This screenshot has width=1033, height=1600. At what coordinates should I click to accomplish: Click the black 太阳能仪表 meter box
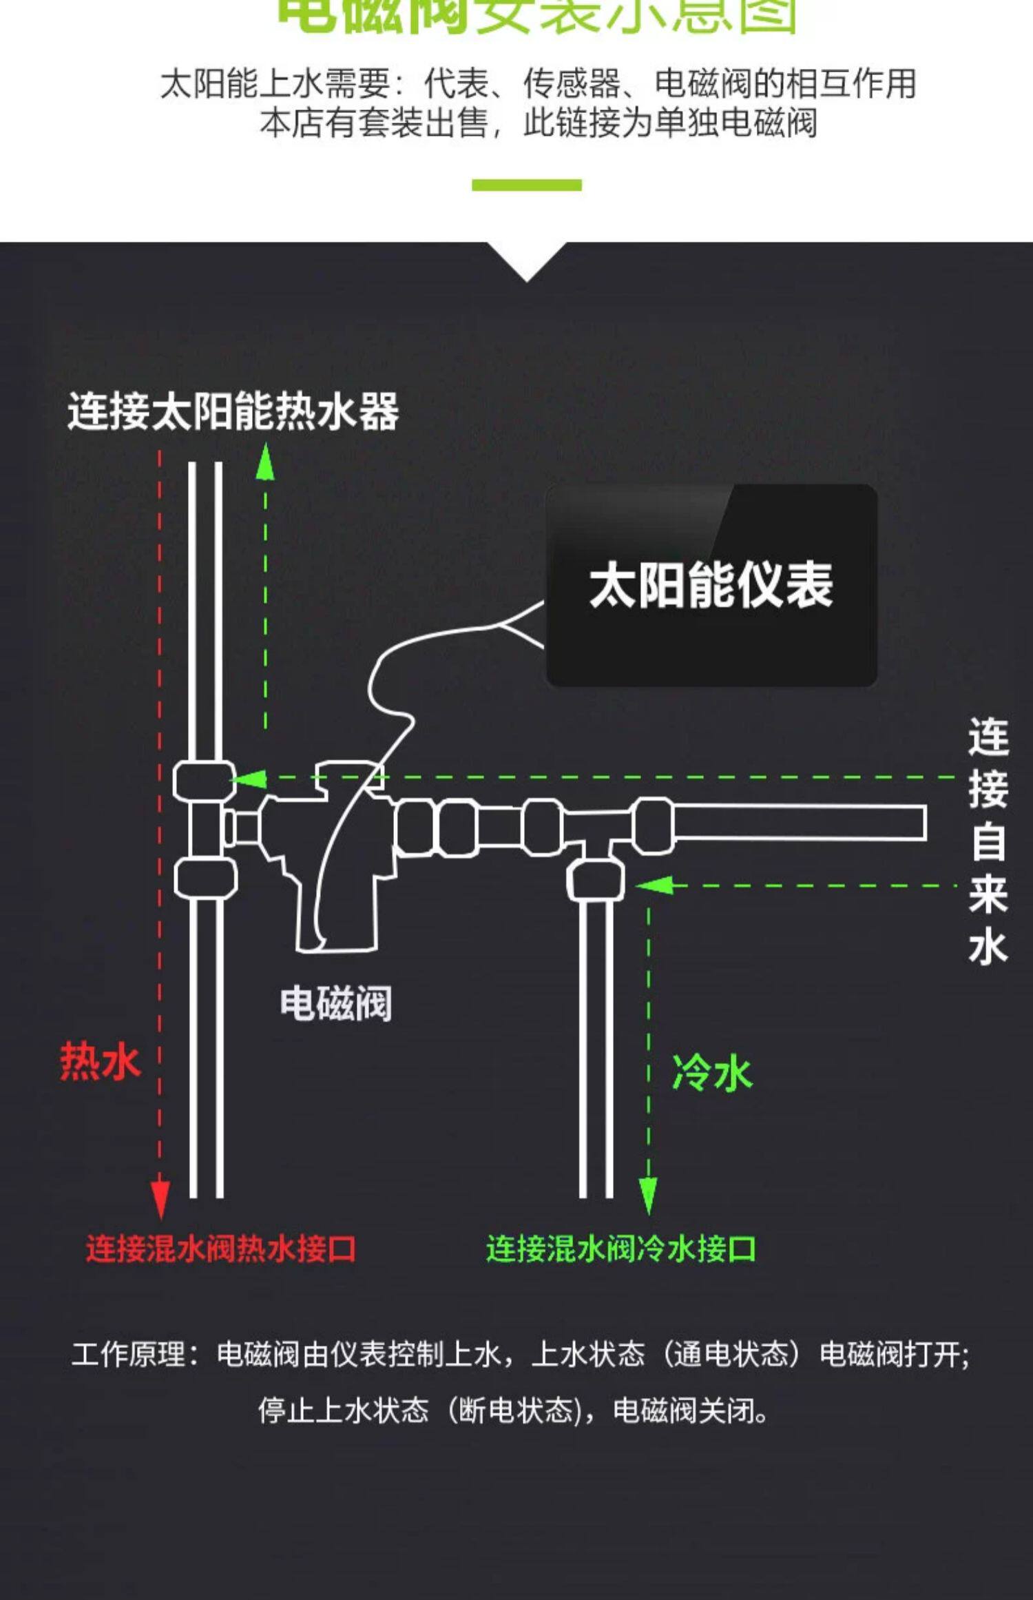(x=711, y=585)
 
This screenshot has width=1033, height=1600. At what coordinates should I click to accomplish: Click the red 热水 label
(x=100, y=1061)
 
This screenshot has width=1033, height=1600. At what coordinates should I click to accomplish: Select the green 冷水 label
(x=712, y=1074)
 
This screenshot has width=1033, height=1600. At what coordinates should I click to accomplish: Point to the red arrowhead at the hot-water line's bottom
(x=160, y=1198)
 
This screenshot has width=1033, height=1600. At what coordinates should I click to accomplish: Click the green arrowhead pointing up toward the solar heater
(x=265, y=463)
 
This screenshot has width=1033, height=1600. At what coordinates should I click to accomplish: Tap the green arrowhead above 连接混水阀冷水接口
(x=648, y=1196)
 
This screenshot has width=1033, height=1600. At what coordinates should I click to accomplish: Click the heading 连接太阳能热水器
(x=233, y=412)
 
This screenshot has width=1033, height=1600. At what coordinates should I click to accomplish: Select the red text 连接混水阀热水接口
(x=220, y=1249)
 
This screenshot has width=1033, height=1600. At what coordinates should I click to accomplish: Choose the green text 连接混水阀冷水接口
(x=620, y=1249)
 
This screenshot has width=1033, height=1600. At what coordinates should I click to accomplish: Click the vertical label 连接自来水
(x=988, y=841)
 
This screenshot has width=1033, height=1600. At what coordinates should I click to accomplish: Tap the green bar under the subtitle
(x=526, y=185)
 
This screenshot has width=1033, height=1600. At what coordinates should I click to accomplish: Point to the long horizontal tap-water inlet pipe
(x=799, y=822)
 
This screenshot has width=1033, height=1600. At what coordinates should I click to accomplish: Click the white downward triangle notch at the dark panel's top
(x=527, y=258)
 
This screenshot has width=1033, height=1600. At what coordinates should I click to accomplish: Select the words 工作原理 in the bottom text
(x=128, y=1355)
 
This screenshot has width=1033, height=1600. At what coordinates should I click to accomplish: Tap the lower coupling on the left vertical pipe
(x=205, y=879)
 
